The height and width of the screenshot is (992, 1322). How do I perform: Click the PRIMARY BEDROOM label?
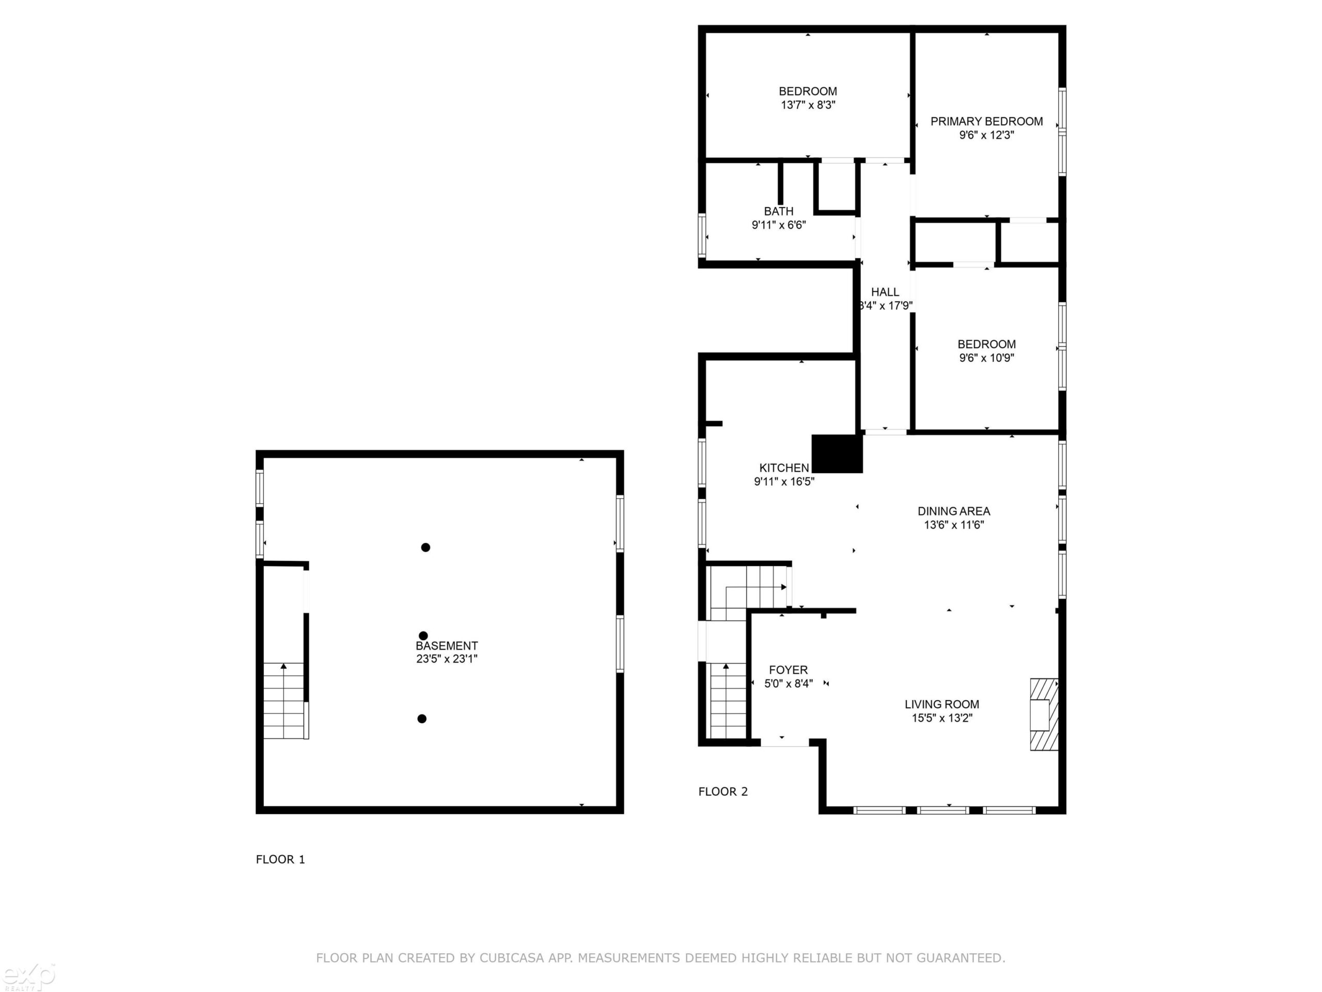pos(986,121)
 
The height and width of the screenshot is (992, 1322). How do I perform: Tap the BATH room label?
pos(779,211)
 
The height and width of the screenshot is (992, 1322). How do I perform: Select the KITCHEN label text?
pos(784,468)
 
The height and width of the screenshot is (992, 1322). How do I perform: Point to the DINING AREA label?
pos(954,512)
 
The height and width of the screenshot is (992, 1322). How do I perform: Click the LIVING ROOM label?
pos(942,704)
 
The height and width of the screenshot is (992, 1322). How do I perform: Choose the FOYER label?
pos(789,670)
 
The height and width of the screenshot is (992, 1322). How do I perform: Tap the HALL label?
pos(885,292)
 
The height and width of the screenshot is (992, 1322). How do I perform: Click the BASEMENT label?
pos(447,646)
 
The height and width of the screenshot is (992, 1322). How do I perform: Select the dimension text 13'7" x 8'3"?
pos(808,105)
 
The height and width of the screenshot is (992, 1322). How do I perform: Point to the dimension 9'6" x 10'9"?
pos(987,358)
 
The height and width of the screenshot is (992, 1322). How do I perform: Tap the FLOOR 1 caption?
pos(280,859)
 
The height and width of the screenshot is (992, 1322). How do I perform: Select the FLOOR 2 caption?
pos(723,792)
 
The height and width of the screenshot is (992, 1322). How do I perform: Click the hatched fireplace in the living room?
pos(1044,714)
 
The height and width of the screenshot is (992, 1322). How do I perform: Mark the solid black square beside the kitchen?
pos(837,453)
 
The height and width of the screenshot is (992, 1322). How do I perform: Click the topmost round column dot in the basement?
pos(426,547)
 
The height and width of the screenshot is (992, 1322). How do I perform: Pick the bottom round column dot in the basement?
pos(422,719)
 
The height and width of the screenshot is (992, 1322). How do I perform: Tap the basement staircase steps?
pos(285,700)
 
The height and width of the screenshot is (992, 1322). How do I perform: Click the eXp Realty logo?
pos(27,976)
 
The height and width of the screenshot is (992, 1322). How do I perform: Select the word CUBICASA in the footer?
pos(512,958)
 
